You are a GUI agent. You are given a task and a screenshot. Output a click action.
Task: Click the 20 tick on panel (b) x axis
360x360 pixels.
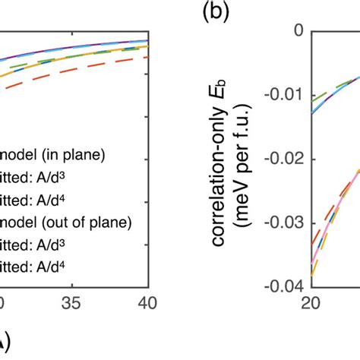coord(310,304)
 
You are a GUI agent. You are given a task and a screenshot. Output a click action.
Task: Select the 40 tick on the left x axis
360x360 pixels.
coord(147,304)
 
